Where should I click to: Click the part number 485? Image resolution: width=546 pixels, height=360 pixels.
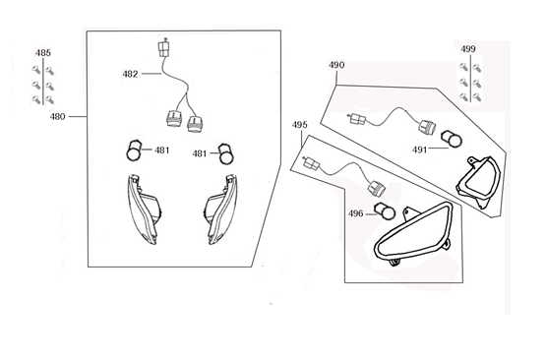click(44, 52)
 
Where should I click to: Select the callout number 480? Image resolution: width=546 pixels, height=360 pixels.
click(57, 116)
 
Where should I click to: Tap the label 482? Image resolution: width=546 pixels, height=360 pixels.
click(131, 73)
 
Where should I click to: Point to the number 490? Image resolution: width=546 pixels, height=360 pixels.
click(336, 67)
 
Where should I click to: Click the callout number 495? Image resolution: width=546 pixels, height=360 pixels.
click(300, 126)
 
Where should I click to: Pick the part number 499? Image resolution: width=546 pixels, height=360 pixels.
click(468, 48)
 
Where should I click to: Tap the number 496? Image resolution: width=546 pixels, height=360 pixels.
click(356, 213)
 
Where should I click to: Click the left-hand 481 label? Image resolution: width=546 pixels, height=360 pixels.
click(161, 151)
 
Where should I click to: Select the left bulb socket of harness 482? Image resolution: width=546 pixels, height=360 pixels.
click(172, 121)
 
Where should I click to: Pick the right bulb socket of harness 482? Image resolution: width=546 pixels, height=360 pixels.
click(195, 121)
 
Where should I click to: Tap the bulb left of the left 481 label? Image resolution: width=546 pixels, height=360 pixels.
click(134, 150)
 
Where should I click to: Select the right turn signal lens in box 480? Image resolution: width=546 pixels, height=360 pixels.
click(218, 209)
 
